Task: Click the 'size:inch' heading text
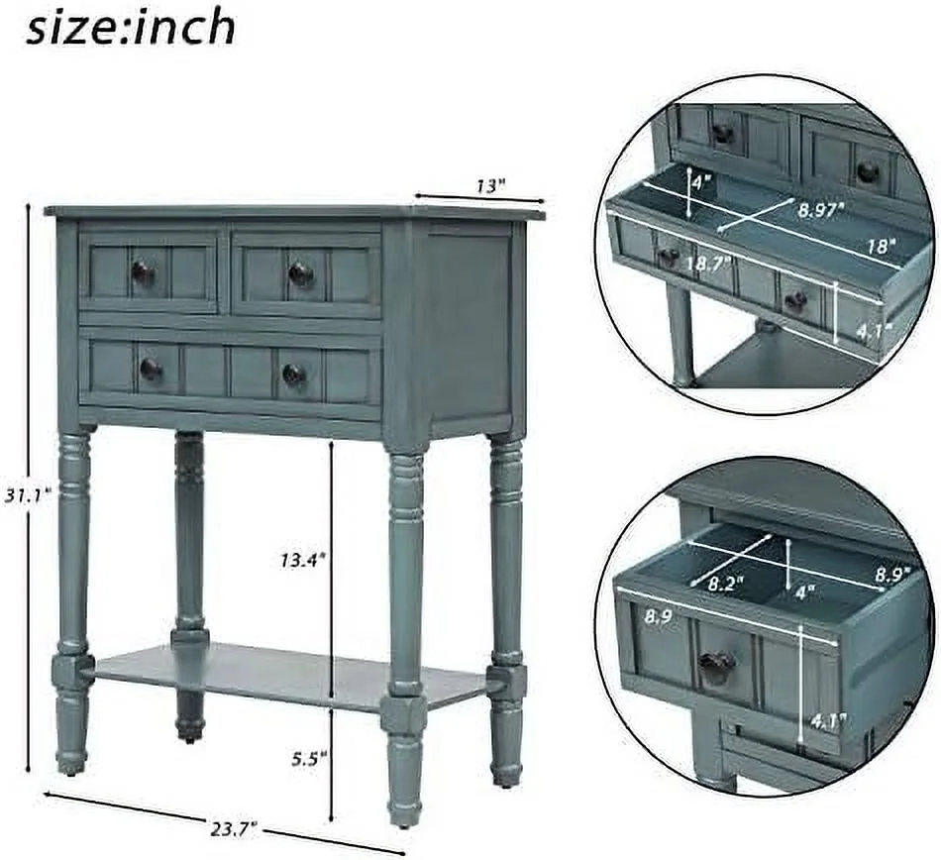pyautogui.click(x=131, y=27)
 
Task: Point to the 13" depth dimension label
pyautogui.click(x=489, y=184)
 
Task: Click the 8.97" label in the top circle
pyautogui.click(x=821, y=208)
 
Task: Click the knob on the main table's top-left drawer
pyautogui.click(x=143, y=272)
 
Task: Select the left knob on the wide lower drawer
pyautogui.click(x=151, y=370)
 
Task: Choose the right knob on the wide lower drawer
pyautogui.click(x=293, y=374)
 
